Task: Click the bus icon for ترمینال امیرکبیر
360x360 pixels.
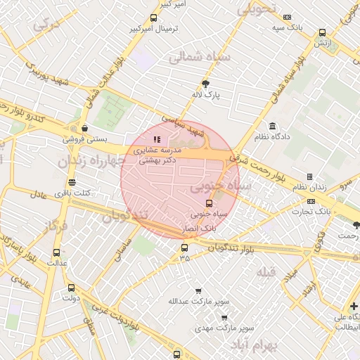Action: click(x=154, y=18)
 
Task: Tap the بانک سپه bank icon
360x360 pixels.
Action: click(x=288, y=17)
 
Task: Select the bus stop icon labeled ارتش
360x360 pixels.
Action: click(x=322, y=32)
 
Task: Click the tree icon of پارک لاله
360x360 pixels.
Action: click(x=205, y=82)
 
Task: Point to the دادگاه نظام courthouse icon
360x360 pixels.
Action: click(x=271, y=126)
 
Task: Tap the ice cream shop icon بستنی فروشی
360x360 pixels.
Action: click(x=85, y=128)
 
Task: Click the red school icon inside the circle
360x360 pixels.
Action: click(x=157, y=140)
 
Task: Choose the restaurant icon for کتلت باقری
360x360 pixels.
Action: click(x=72, y=182)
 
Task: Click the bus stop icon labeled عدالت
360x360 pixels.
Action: click(x=57, y=252)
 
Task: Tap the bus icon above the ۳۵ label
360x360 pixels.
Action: click(x=184, y=247)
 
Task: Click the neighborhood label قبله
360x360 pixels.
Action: click(x=266, y=272)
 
